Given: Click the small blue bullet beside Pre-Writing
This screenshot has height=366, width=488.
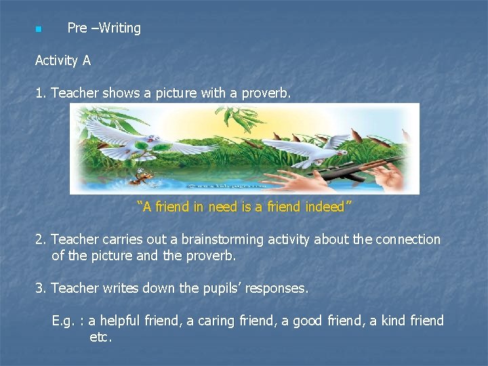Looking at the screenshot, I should coord(39,29).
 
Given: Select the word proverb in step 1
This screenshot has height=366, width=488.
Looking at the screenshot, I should coord(268,93).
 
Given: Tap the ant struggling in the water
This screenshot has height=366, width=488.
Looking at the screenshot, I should coord(142,177).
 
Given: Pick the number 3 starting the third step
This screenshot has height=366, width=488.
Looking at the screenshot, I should coord(39,288).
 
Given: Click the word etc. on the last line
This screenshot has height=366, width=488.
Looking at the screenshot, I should coord(100,336).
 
